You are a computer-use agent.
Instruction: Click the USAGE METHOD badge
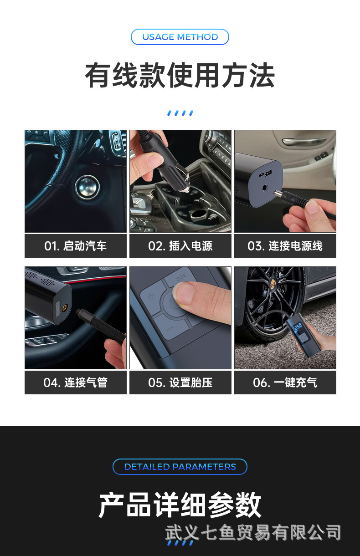point(180,37)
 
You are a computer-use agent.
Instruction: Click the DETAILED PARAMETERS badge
point(180,467)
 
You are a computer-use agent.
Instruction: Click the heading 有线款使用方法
point(180,76)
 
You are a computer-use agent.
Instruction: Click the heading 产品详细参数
point(180,505)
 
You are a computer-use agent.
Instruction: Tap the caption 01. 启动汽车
point(76,246)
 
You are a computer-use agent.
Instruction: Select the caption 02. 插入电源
point(180,246)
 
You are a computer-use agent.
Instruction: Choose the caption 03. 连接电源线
point(285,246)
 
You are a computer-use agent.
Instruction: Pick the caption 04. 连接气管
point(76,383)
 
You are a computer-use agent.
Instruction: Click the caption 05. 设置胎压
point(180,383)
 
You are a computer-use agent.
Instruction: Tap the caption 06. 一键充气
point(285,383)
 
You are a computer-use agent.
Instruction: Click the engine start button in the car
point(87,186)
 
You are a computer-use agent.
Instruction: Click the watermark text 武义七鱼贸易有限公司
point(253,532)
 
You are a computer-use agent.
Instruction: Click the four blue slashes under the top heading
point(180,112)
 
